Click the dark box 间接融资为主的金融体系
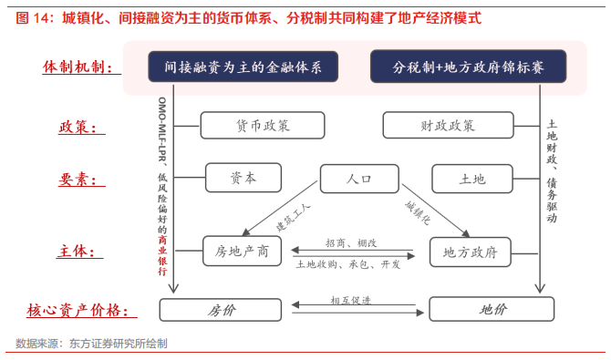pos(243,67)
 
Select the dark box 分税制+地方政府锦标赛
pos(469,67)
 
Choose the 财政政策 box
pos(447,126)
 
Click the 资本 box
pos(243,179)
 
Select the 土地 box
pos(471,179)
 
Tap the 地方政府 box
pos(470,252)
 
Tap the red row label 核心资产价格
pos(84,310)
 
